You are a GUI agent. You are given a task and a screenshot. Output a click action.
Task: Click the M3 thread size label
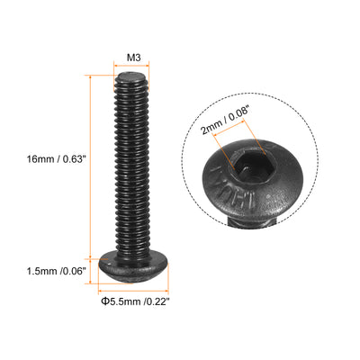tap(132, 55)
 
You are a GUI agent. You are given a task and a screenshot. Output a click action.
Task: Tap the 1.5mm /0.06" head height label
tap(55, 269)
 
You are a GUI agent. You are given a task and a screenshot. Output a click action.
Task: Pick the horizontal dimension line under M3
tap(132, 67)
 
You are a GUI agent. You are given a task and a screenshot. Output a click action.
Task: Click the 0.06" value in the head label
tap(74, 269)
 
